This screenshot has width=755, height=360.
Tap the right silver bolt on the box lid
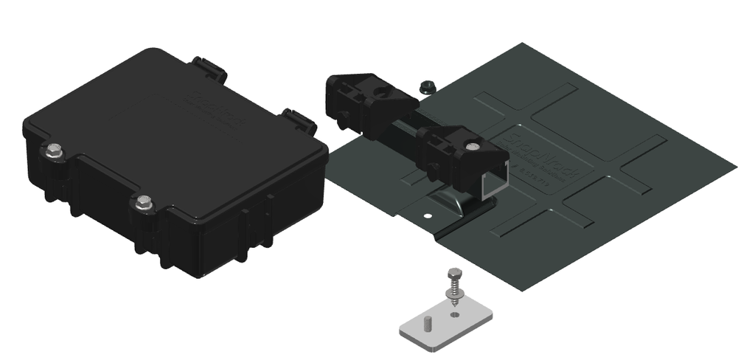click(144, 201)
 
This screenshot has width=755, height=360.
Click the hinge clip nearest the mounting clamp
click(299, 120)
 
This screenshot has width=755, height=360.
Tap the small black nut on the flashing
click(425, 87)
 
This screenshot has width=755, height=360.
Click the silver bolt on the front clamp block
click(473, 145)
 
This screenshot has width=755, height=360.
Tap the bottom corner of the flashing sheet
click(524, 289)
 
